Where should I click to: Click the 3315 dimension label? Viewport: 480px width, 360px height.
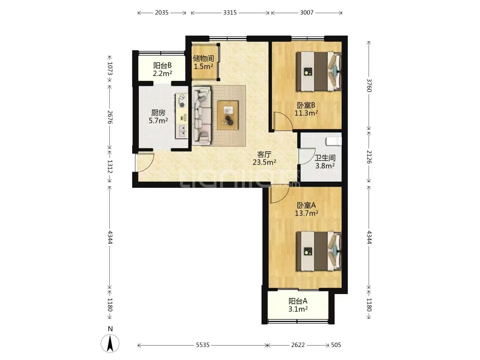tap(230, 13)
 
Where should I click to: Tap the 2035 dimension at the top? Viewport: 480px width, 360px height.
tap(162, 13)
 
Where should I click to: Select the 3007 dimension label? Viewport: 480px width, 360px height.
tap(307, 13)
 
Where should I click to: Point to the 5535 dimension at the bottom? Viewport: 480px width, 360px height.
tap(203, 345)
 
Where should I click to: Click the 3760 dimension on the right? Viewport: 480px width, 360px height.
tap(369, 85)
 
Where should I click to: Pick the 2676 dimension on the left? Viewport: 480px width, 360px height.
tap(110, 117)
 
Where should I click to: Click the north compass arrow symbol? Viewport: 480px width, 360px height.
tap(110, 343)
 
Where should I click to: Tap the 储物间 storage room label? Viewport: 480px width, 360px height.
tap(203, 58)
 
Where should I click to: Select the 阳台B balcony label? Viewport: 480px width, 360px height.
tap(162, 65)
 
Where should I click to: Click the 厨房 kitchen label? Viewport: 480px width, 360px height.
tap(158, 113)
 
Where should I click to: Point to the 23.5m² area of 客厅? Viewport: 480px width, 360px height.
tap(264, 162)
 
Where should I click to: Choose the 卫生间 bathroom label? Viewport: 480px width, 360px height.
tap(325, 158)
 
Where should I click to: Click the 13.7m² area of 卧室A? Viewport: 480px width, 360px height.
tap(306, 213)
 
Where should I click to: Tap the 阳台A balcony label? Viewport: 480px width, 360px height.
tap(298, 301)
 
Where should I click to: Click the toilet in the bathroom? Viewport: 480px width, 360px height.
tap(334, 141)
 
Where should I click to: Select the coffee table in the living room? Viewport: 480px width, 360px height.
tap(228, 115)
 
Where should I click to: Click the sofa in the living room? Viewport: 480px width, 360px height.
tap(202, 116)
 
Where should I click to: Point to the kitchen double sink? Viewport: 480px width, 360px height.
tap(182, 131)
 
